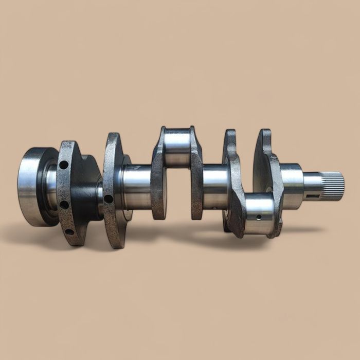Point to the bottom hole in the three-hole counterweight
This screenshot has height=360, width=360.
click(68, 231)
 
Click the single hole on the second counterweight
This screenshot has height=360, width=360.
click(108, 199)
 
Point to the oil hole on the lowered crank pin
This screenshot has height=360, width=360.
click(259, 218)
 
